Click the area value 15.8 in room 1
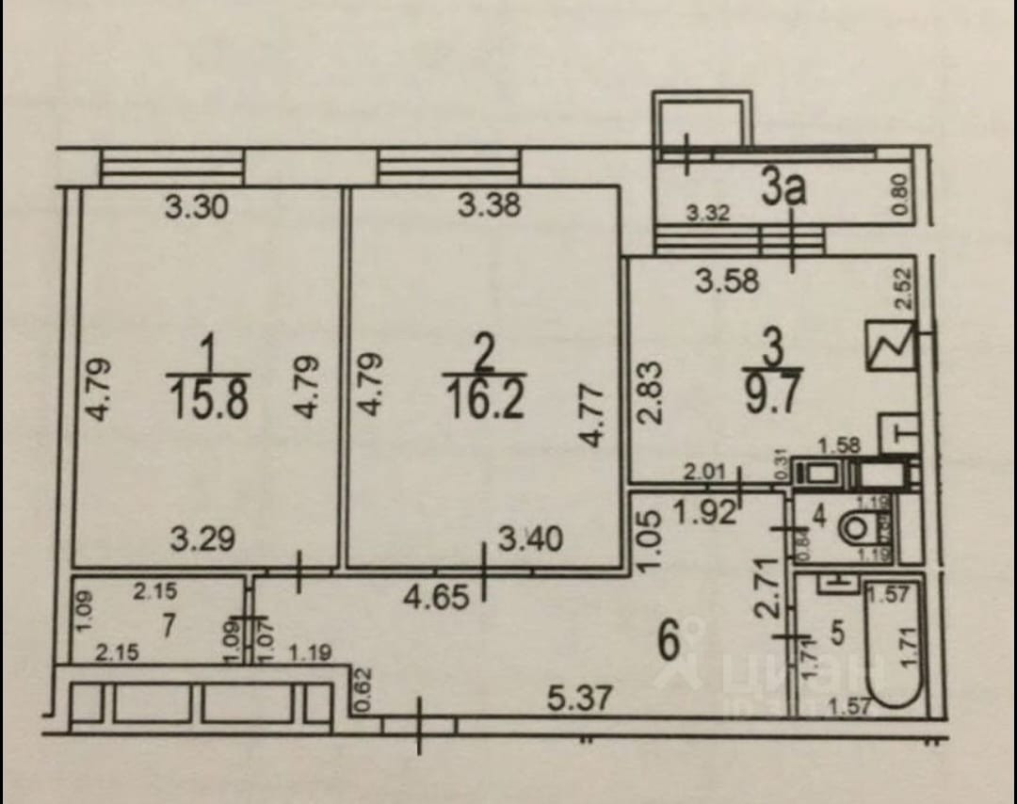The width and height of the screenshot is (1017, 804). click(x=208, y=398)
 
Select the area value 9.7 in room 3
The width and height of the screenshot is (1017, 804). click(x=771, y=394)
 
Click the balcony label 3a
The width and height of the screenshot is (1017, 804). click(x=784, y=187)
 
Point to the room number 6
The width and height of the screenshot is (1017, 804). click(x=670, y=643)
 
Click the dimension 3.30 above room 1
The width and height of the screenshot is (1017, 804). click(x=196, y=206)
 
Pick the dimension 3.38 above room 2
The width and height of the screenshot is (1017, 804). click(x=489, y=204)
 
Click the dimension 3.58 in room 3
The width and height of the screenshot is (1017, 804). click(x=726, y=280)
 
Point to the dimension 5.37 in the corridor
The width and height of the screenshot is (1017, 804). click(x=582, y=699)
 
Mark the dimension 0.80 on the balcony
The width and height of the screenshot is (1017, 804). click(x=901, y=196)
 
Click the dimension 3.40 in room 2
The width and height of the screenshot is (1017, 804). click(x=531, y=539)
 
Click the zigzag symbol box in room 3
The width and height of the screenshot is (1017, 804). click(x=890, y=346)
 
